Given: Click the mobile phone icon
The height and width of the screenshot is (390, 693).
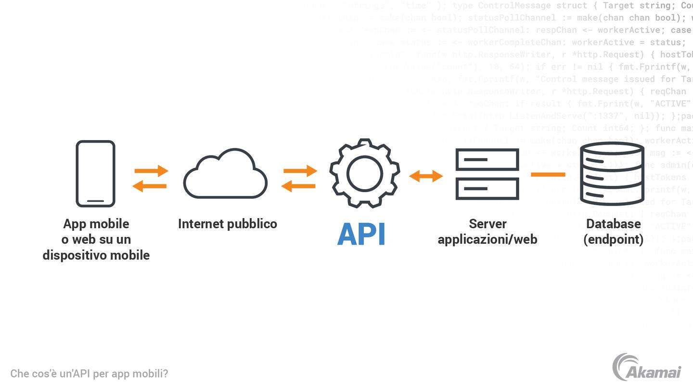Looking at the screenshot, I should point(95,173).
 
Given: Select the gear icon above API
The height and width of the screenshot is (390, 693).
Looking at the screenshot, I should point(364,173).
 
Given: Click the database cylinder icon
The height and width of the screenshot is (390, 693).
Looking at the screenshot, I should point(612,174).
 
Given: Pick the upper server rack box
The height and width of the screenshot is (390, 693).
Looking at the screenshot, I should point(487,159).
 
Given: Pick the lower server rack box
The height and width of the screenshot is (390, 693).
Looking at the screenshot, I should point(487,189).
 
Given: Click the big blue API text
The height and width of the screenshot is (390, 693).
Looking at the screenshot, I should point(361,234).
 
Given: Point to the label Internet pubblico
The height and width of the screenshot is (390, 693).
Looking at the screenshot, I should point(227,224).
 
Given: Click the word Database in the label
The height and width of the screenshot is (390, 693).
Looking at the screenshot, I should point(613,224).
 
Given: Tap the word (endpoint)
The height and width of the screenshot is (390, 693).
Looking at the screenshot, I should point(613,239).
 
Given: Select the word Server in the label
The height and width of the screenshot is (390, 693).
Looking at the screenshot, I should point(488,224).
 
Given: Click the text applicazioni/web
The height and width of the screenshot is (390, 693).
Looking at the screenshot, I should point(487,239).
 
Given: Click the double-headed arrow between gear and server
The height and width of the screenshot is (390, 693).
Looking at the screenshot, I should point(426,176).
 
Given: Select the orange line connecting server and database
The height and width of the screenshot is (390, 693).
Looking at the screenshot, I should point(548,174).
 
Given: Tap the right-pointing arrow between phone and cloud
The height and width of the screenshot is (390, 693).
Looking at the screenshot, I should point(151,170).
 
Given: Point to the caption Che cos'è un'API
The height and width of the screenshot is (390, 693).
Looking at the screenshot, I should point(89,374).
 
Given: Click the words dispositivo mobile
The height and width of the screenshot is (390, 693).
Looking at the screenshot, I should point(96,255).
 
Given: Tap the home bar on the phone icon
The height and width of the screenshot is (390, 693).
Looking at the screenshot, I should point(95,201).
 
